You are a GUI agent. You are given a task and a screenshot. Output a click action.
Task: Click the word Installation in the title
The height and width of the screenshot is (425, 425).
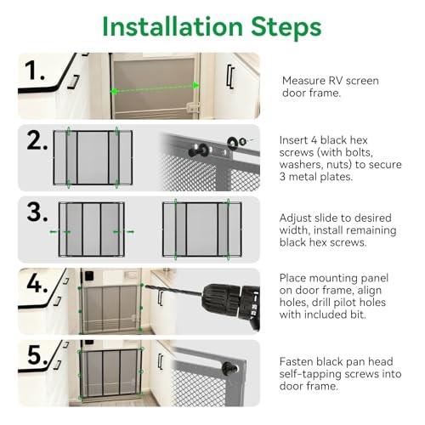click(x=173, y=26)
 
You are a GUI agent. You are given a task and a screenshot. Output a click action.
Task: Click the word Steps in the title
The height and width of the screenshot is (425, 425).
click(x=286, y=28)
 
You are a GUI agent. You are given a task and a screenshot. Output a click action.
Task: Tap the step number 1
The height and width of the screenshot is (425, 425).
click(x=35, y=71)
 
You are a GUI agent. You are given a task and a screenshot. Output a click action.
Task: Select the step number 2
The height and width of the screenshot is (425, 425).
click(x=37, y=141)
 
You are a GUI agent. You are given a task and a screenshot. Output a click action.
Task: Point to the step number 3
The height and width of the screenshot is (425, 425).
click(x=37, y=212)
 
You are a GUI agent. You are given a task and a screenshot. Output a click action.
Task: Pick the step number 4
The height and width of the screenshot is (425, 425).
click(x=37, y=284)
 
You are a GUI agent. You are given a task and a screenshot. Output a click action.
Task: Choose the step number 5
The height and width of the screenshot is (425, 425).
click(x=37, y=355)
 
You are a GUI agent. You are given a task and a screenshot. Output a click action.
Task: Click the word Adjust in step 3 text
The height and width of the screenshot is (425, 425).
click(x=297, y=218)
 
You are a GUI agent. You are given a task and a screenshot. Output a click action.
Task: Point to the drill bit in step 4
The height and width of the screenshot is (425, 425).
click(x=173, y=292)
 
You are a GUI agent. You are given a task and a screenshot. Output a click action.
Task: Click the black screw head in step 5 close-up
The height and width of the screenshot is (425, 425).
click(x=229, y=368)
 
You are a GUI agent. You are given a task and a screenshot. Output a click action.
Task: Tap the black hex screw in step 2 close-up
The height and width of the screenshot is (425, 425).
click(x=199, y=150)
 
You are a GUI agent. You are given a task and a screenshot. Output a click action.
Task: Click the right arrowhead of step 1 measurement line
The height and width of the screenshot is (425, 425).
click(x=195, y=85)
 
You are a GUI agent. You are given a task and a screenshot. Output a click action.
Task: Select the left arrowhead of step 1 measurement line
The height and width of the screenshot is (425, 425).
click(x=114, y=91)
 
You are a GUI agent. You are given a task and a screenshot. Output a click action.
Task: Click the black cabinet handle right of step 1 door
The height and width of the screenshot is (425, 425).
click(x=230, y=76)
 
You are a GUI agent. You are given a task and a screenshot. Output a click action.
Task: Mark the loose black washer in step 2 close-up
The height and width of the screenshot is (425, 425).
click(x=232, y=142)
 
